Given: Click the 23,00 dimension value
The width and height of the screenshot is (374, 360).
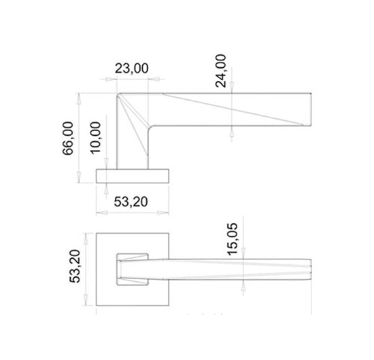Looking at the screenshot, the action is coord(132,69).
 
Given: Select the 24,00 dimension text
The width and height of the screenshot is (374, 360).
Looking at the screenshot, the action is coord(220,71).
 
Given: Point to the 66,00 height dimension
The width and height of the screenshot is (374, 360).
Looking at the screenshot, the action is coord(68,138).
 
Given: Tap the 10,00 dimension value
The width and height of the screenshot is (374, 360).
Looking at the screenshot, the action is coord(96,138).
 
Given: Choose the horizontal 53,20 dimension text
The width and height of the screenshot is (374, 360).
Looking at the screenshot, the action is coord(131,202).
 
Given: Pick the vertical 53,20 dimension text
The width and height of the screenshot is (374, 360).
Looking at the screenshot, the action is coord(75,266).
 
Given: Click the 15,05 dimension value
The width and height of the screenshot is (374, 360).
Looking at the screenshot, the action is coord(233,239).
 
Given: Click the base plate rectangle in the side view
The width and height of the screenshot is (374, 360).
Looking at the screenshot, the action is coord(133,176).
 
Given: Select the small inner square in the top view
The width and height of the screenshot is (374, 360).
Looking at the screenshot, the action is coord(133,270).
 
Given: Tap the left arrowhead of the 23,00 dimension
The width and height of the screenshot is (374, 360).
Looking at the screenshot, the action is coord(109,79).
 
